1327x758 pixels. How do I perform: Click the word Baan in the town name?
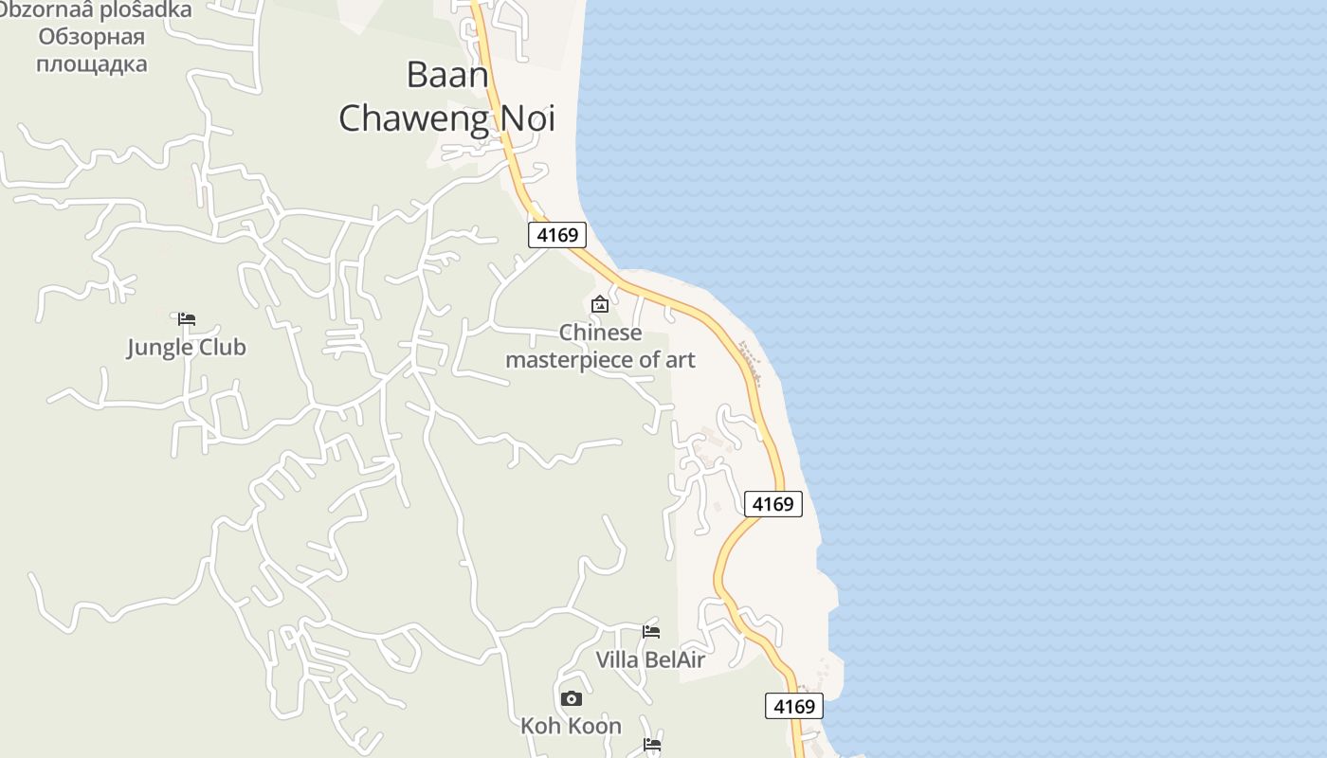pyautogui.click(x=447, y=75)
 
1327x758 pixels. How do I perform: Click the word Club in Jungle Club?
pyautogui.click(x=222, y=348)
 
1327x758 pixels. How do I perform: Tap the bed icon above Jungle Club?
pyautogui.click(x=187, y=319)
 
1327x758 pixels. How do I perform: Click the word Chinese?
pyautogui.click(x=600, y=333)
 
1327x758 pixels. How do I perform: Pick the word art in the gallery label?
pyautogui.click(x=679, y=360)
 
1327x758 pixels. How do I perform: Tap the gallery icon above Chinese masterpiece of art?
pyautogui.click(x=599, y=304)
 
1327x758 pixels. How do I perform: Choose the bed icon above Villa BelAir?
pyautogui.click(x=651, y=631)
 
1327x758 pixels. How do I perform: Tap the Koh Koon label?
pyautogui.click(x=571, y=726)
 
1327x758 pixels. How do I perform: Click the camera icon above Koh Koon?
pyautogui.click(x=571, y=698)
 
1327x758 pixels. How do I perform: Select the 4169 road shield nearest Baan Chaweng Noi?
pyautogui.click(x=557, y=234)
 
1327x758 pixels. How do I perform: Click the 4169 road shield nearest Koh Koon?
pyautogui.click(x=794, y=706)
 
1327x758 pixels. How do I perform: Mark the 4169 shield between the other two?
pyautogui.click(x=773, y=504)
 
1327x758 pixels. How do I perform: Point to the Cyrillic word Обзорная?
pyautogui.click(x=92, y=37)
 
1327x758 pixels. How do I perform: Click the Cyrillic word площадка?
pyautogui.click(x=92, y=64)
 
